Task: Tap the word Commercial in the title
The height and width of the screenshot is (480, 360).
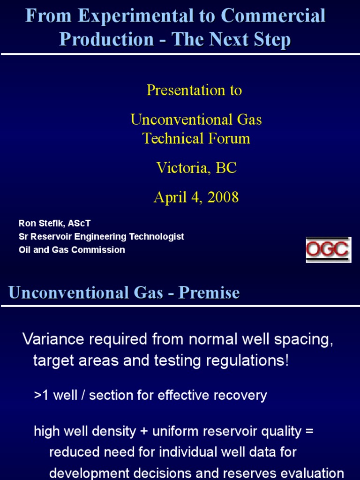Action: click(x=273, y=16)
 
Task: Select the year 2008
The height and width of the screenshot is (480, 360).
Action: click(x=220, y=197)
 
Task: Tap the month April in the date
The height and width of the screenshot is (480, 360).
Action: click(x=171, y=197)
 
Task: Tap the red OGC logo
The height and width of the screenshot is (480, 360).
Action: click(x=328, y=249)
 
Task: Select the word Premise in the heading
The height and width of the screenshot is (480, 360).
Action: click(x=209, y=293)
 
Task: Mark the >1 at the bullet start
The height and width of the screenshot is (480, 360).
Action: click(x=41, y=395)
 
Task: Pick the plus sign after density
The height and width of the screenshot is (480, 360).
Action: click(x=143, y=431)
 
